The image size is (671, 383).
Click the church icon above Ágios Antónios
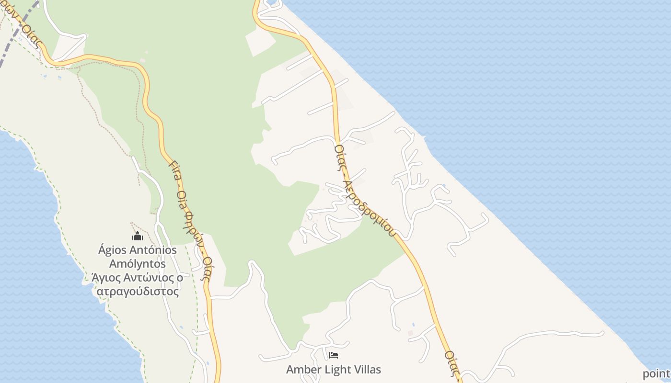click(138, 236)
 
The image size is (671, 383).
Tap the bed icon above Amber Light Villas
click(334, 355)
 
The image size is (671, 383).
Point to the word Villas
click(368, 370)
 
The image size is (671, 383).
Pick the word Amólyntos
click(138, 264)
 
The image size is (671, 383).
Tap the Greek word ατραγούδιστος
click(138, 292)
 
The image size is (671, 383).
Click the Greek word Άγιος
click(102, 278)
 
